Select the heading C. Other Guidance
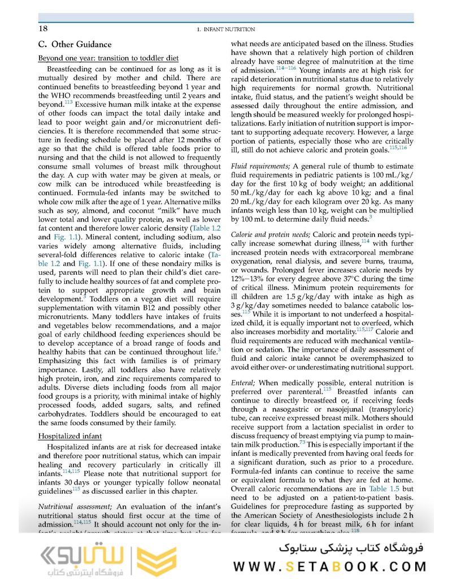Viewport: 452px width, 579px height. coord(75,44)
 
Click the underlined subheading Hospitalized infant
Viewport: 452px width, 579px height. coord(69,436)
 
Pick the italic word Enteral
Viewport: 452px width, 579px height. coord(243,383)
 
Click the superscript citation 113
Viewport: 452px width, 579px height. coord(68,101)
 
